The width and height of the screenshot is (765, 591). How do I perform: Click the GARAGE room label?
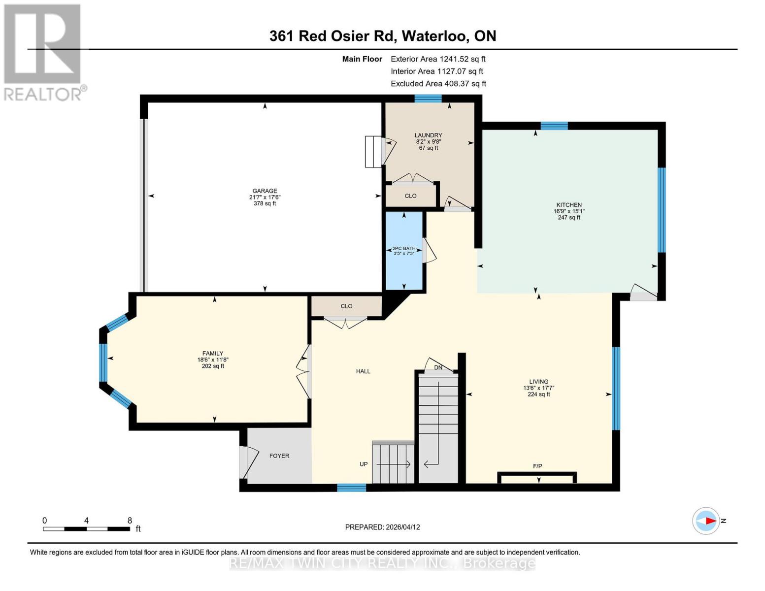pyautogui.click(x=265, y=191)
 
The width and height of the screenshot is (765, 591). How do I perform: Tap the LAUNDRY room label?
pyautogui.click(x=428, y=135)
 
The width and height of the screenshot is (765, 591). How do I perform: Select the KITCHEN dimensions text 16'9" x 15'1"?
pyautogui.click(x=569, y=211)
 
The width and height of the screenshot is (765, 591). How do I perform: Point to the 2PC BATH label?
pyautogui.click(x=403, y=249)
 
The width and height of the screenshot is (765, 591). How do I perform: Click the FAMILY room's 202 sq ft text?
pyautogui.click(x=213, y=366)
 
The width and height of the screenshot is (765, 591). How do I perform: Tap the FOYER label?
pyautogui.click(x=279, y=456)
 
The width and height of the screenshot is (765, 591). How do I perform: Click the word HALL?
pyautogui.click(x=363, y=371)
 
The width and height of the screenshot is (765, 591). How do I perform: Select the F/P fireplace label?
pyautogui.click(x=537, y=466)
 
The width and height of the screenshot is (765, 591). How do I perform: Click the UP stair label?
pyautogui.click(x=364, y=464)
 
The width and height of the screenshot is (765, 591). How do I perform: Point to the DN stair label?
pyautogui.click(x=438, y=368)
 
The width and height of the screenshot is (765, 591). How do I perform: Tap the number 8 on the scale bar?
pyautogui.click(x=130, y=521)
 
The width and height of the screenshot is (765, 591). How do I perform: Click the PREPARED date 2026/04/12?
pyautogui.click(x=402, y=527)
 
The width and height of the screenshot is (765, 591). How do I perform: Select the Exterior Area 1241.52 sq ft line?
pyautogui.click(x=438, y=59)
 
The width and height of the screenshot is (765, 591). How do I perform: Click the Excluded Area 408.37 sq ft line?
pyautogui.click(x=438, y=84)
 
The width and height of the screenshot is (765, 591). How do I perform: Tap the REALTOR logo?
pyautogui.click(x=43, y=52)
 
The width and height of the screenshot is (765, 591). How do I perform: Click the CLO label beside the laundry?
pyautogui.click(x=410, y=196)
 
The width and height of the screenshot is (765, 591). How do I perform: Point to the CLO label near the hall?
pyautogui.click(x=346, y=306)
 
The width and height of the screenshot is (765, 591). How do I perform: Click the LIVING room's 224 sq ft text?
pyautogui.click(x=538, y=394)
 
